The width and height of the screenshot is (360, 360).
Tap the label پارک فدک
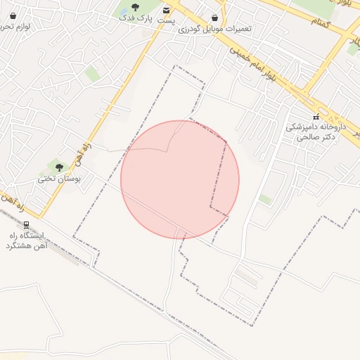(135, 17)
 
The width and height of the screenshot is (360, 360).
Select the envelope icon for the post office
(166, 10)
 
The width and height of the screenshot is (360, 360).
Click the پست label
(166, 20)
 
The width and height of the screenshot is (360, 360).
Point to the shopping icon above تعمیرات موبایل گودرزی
(214, 18)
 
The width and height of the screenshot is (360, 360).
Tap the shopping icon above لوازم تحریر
(13, 15)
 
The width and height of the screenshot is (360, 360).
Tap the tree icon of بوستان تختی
(59, 167)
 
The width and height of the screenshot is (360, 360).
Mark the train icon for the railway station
(26, 225)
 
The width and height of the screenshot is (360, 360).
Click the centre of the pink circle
(180, 179)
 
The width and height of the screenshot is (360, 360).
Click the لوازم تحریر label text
(15, 26)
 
